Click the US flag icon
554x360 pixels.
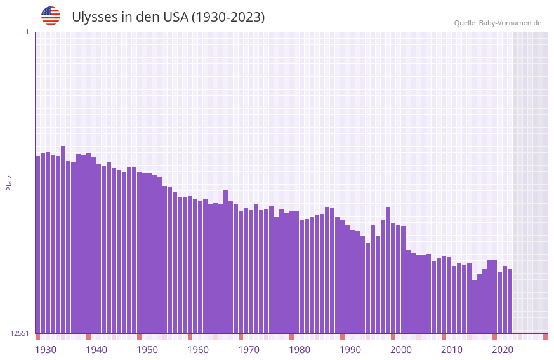point(51,16)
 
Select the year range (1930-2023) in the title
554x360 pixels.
point(228,17)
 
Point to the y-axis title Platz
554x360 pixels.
point(9,182)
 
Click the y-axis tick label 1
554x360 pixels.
point(27,32)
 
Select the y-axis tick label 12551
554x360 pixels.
point(19,333)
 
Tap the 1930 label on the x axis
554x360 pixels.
point(46,350)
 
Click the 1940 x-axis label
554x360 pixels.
point(96,350)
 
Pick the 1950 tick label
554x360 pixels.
point(147,350)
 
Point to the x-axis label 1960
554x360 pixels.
point(198,350)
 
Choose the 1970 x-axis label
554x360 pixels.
point(249,350)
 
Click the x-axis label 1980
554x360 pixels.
point(300,350)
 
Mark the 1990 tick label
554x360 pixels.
point(350,350)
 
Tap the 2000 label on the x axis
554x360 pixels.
point(401,350)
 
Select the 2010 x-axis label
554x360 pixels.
point(452,350)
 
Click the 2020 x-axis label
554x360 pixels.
point(503,350)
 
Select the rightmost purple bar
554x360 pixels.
point(510,302)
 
